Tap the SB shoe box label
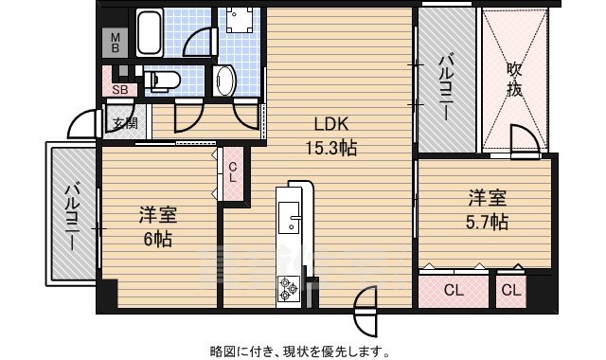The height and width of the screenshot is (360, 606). click(120, 90)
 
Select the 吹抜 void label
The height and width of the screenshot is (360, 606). click(514, 81)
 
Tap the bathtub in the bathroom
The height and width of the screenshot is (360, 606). click(151, 33)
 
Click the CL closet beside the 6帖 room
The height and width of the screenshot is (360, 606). click(233, 173)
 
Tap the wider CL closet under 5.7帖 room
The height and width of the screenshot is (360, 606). click(454, 290)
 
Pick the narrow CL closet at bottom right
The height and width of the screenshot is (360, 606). click(510, 290)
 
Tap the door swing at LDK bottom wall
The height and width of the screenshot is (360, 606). click(364, 308)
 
